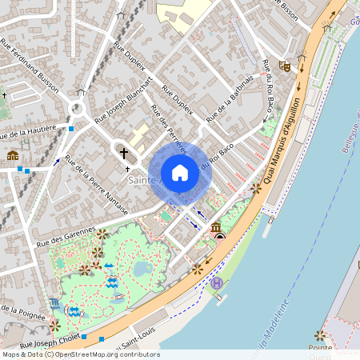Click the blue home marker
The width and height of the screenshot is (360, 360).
pyautogui.click(x=180, y=173)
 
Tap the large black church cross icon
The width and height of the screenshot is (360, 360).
pyautogui.click(x=123, y=152)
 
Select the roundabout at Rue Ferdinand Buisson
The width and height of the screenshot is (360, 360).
pyautogui.click(x=78, y=107)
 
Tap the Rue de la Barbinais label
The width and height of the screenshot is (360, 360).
pyautogui.click(x=230, y=100)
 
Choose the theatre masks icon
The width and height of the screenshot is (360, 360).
pyautogui.click(x=284, y=65)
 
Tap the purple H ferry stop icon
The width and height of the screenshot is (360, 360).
pyautogui.click(x=214, y=283)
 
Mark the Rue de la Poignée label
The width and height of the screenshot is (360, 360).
pyautogui.click(x=20, y=308)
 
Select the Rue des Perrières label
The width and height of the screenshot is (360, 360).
pyautogui.click(x=168, y=128)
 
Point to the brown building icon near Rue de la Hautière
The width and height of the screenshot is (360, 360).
pyautogui.click(x=13, y=154)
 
